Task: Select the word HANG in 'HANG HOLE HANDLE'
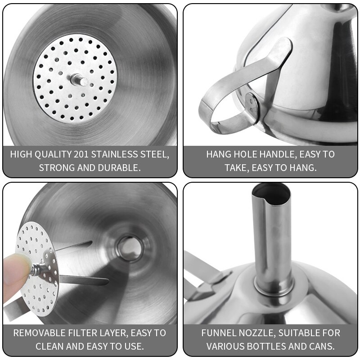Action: click(x=218, y=154)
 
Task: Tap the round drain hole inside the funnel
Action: click(x=130, y=247)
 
